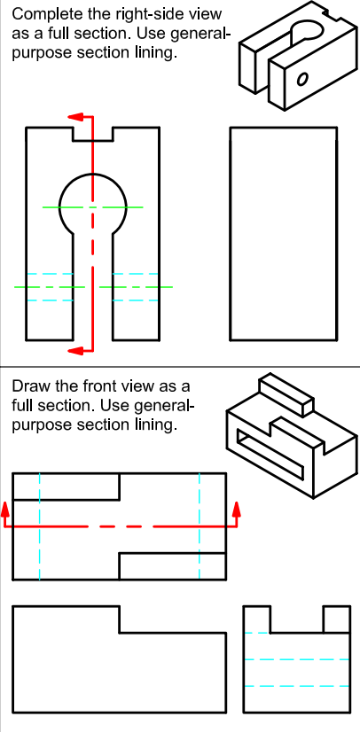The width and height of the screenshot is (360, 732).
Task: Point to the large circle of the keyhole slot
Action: pyautogui.click(x=92, y=204)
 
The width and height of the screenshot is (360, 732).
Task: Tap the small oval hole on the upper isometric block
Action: pyautogui.click(x=303, y=78)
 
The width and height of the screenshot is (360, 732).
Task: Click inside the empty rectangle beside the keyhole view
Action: pyautogui.click(x=283, y=234)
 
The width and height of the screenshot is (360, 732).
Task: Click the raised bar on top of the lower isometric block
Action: pyautogui.click(x=284, y=394)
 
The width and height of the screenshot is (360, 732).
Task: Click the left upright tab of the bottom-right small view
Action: pyautogui.click(x=255, y=619)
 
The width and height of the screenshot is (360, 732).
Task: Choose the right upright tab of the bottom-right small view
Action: pyautogui.click(x=336, y=619)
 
